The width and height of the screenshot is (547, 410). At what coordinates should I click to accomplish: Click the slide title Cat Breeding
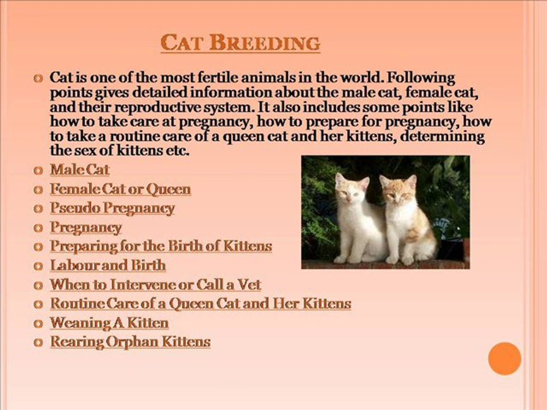click(x=240, y=43)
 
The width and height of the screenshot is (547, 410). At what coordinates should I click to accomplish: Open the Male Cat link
click(x=80, y=170)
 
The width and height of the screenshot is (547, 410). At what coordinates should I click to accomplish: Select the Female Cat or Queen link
click(x=120, y=189)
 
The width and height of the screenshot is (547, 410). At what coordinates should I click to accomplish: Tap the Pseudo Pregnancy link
click(x=112, y=208)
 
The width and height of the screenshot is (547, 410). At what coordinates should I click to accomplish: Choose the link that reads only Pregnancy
click(x=86, y=227)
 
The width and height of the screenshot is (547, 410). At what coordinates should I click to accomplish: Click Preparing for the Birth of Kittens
click(x=161, y=246)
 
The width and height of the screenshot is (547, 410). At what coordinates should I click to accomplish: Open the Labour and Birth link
click(x=108, y=265)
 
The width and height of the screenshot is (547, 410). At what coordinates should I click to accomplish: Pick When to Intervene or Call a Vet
click(x=155, y=285)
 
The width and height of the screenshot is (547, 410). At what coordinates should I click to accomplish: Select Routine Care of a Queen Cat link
click(x=201, y=304)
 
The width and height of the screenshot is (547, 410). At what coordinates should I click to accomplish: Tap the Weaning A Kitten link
click(x=109, y=322)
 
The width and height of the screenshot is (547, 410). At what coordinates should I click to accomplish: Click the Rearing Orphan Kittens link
click(x=130, y=341)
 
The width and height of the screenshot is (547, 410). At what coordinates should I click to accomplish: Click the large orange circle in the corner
click(x=504, y=359)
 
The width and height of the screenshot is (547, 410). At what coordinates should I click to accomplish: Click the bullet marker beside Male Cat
click(x=38, y=170)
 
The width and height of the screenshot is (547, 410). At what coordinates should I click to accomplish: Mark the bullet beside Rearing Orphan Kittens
click(x=38, y=342)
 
